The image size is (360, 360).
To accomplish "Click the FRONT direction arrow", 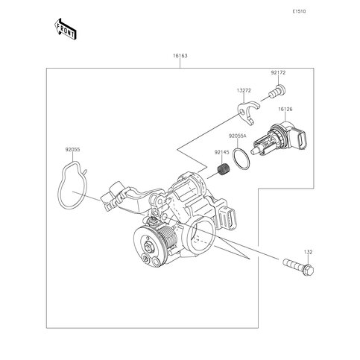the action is click(66, 29).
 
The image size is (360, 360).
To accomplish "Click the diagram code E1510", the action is click(299, 11).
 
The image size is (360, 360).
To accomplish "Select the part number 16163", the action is click(180, 56).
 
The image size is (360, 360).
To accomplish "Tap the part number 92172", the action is click(278, 73).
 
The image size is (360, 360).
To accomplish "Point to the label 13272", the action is click(244, 91).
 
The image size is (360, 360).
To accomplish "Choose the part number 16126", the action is click(285, 109).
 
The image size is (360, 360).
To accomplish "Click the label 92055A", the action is click(237, 136).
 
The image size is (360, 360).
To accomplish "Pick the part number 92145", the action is click(221, 153).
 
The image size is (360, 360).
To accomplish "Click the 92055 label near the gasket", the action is click(72, 150).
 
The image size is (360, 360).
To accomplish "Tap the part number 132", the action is click(308, 252).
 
